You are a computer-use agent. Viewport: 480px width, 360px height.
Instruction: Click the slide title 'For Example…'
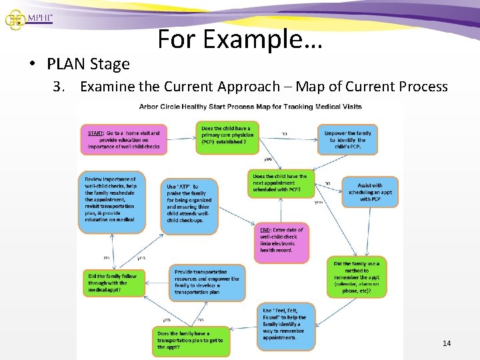240,39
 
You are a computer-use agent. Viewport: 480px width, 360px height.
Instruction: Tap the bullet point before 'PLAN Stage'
32,64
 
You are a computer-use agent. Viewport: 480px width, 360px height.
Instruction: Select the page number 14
447,343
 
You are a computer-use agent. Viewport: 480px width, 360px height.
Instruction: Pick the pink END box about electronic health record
281,241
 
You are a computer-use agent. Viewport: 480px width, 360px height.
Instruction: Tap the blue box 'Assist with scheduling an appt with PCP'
370,192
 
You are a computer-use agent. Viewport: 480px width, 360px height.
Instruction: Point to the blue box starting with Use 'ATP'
189,204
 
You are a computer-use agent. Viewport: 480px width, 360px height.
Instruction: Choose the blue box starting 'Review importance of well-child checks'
111,202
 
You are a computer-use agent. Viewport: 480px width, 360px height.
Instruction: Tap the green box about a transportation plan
191,340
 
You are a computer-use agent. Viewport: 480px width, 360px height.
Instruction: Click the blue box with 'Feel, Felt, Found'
285,326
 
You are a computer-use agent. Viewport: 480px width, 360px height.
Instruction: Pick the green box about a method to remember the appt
357,275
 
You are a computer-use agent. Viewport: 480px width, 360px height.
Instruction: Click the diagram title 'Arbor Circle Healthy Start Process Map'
240,107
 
